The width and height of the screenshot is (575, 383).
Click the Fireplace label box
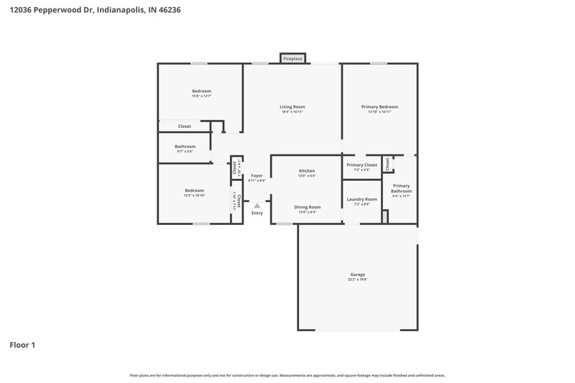point(293,58)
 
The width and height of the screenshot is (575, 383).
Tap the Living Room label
point(293,106)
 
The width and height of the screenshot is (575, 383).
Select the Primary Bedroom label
point(379,106)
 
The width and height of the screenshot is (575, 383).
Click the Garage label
point(357,274)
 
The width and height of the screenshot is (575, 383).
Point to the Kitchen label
point(307,171)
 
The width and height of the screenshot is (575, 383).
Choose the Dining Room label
point(307,207)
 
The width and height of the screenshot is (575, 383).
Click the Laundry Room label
point(362,199)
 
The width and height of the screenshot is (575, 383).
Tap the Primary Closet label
point(362,165)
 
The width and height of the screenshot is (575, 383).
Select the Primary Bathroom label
point(401,188)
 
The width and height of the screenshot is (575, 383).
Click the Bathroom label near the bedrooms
point(185,147)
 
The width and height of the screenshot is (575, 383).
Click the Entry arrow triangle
point(257,206)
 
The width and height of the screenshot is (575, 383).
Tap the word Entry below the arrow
point(257,213)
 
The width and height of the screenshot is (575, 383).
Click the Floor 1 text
point(22,345)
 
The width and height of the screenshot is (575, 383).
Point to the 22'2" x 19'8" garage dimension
point(357,280)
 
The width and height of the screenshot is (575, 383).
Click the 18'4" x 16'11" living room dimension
point(293,111)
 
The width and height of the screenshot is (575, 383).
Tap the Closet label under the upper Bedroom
point(185,126)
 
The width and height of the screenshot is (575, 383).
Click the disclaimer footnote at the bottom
point(287,375)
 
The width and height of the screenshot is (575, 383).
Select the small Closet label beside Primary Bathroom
point(387,165)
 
